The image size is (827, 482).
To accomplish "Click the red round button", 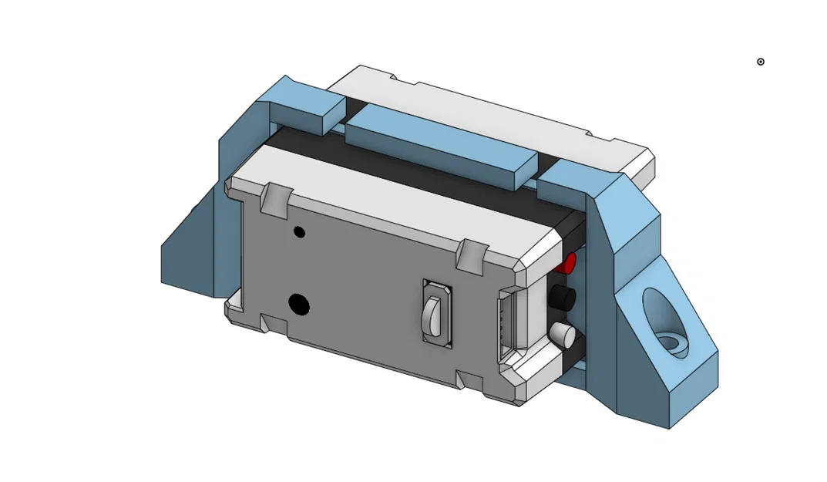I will coord(569,264).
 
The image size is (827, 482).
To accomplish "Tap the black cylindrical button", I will coord(563,298).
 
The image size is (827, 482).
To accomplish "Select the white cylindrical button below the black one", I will coord(563,335).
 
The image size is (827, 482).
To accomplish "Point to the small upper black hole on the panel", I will coord(299,232).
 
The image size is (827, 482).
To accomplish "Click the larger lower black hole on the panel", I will coord(299,305).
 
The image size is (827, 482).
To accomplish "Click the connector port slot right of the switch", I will coord(506,324).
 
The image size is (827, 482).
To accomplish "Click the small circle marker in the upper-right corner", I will coord(760,62).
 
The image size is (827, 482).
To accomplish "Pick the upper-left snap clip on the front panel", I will coord(276,198).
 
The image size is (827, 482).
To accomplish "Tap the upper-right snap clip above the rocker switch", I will coord(472,255).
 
